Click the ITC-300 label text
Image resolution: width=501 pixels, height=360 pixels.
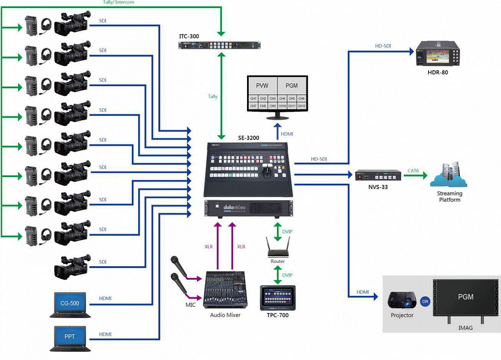click(x=189, y=37)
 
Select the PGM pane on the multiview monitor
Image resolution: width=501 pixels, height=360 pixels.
click(x=291, y=85)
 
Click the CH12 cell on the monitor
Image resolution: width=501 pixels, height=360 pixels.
click(x=302, y=106)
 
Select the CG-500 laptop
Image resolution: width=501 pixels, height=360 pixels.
click(x=70, y=304)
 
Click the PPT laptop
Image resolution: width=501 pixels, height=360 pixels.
click(x=70, y=337)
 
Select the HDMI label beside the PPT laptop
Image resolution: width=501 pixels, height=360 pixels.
click(x=105, y=334)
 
